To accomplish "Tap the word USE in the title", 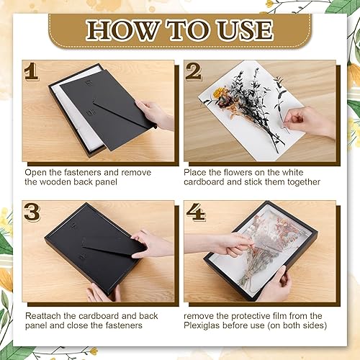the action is click(245, 30).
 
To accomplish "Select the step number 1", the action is click(31, 71).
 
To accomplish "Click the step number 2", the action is click(194, 71).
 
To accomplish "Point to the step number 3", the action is click(32, 212).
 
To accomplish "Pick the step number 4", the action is click(196, 212).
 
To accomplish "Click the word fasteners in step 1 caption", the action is click(83, 173).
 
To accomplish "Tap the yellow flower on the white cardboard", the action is click(218, 92).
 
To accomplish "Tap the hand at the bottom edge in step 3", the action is click(103, 293).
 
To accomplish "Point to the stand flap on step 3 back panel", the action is click(113, 247).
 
